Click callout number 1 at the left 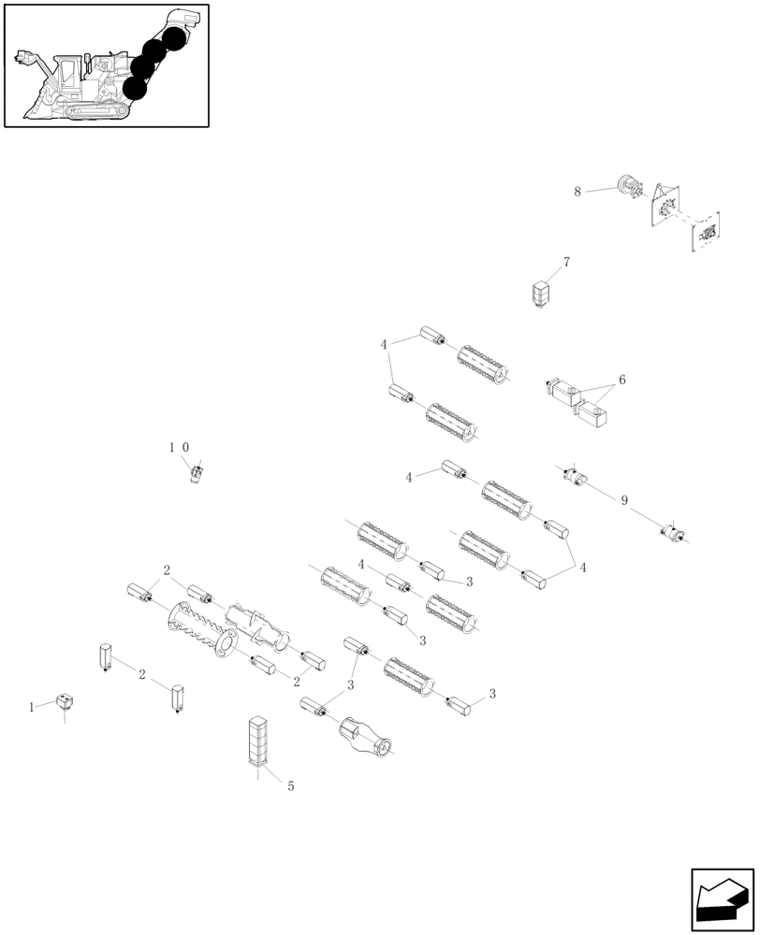[x=32, y=708]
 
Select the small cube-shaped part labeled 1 [x=65, y=700]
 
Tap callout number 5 [x=290, y=786]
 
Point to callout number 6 [x=621, y=381]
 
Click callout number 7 [x=566, y=262]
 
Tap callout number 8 [x=577, y=192]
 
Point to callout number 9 [x=623, y=501]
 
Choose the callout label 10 [x=179, y=448]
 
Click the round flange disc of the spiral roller [x=225, y=644]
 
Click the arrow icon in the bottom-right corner [x=722, y=900]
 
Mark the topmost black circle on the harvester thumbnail [x=173, y=38]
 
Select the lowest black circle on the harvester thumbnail [x=135, y=87]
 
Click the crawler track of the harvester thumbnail [x=94, y=111]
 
